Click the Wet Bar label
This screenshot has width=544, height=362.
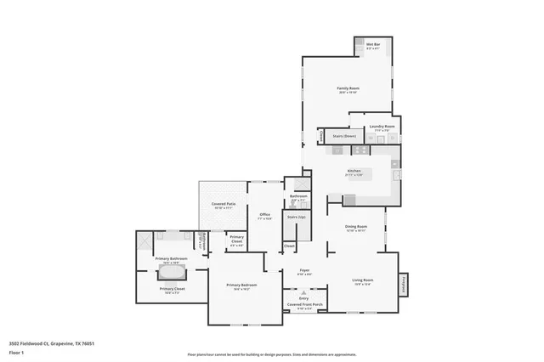(372, 46)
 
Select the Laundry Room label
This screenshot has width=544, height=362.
(382, 127)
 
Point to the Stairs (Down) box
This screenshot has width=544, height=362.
(343, 136)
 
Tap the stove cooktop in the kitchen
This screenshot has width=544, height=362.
(360, 150)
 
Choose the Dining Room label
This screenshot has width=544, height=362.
(355, 228)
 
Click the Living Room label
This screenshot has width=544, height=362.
(363, 280)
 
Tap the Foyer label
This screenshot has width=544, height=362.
(303, 272)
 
